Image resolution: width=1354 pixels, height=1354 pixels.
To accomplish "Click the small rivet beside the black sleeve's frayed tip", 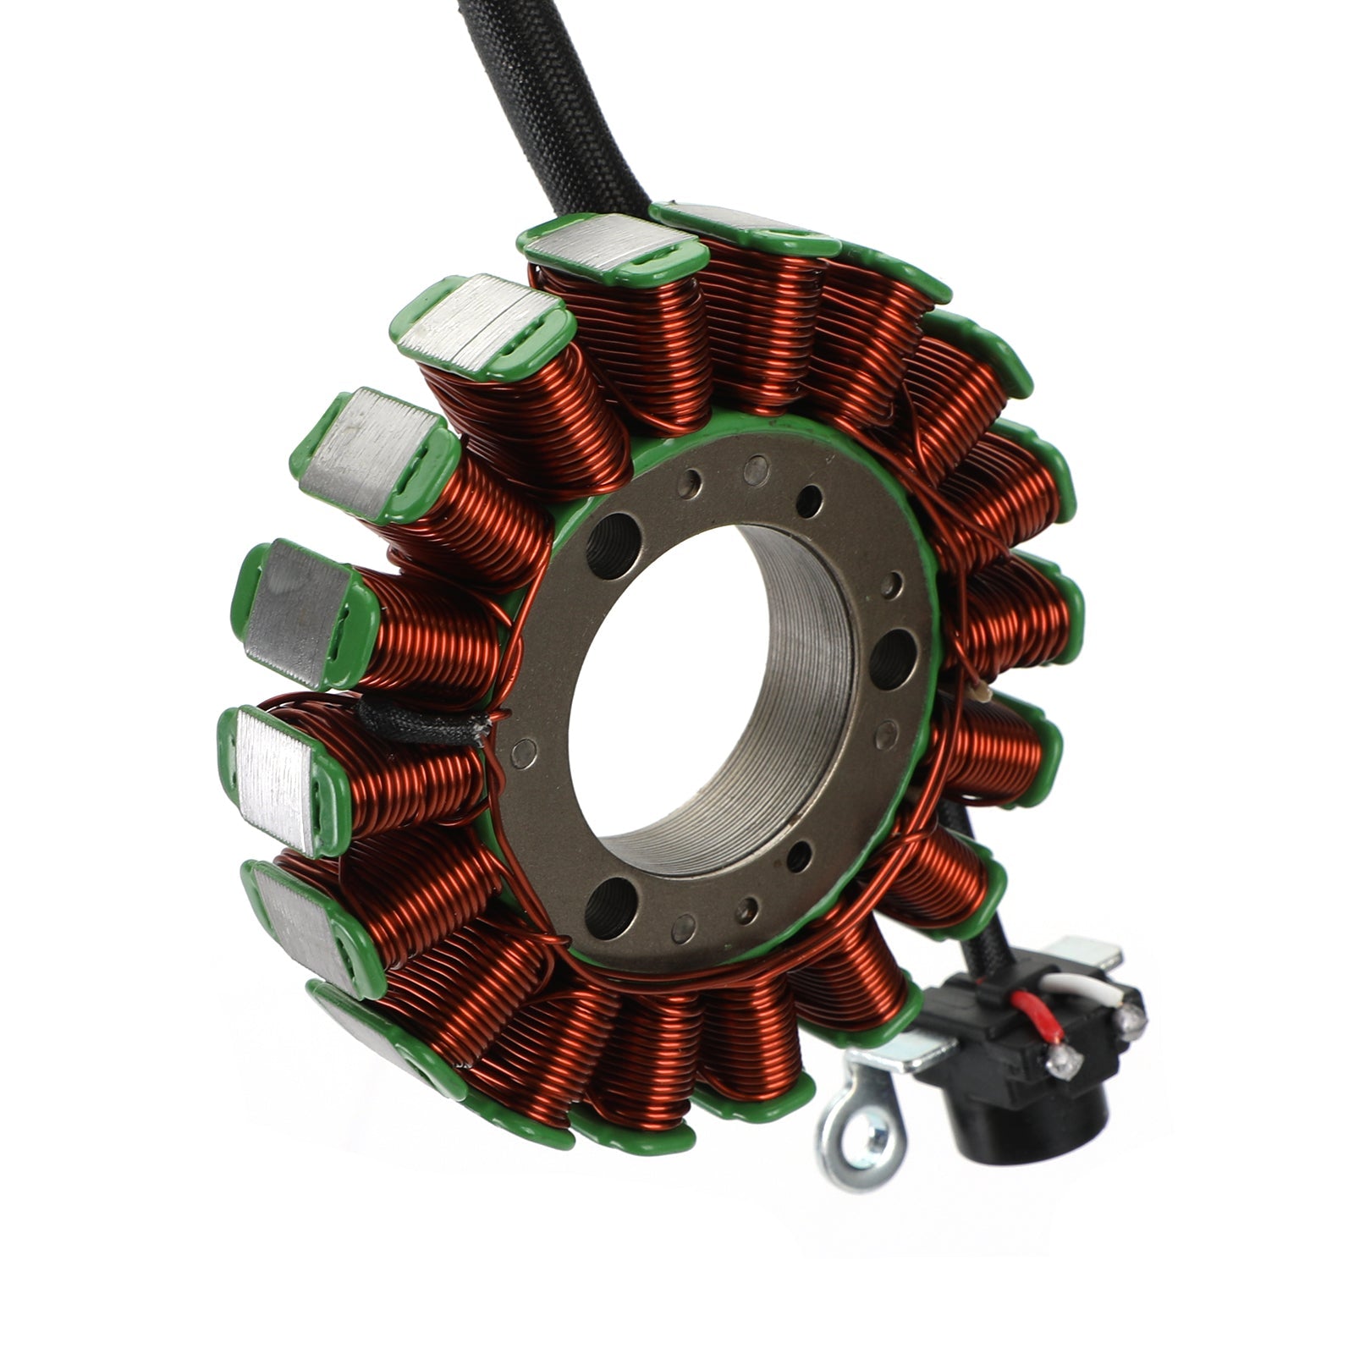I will point(526,748).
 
